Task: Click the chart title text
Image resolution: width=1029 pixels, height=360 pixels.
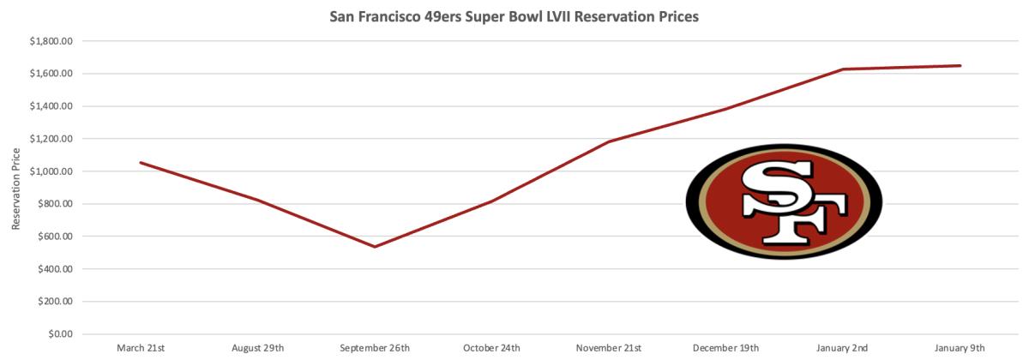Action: pyautogui.click(x=514, y=16)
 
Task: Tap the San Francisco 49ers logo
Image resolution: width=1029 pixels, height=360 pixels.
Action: pyautogui.click(x=784, y=201)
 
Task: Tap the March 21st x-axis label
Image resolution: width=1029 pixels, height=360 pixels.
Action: pyautogui.click(x=140, y=348)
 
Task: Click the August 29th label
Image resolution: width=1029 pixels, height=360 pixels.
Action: pyautogui.click(x=257, y=348)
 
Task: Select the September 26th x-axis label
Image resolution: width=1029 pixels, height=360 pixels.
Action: pyautogui.click(x=375, y=348)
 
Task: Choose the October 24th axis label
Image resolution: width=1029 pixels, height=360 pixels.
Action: pyautogui.click(x=491, y=348)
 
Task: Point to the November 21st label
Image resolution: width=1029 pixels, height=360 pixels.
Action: pyautogui.click(x=609, y=348)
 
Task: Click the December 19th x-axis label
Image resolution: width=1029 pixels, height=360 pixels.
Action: pyautogui.click(x=725, y=348)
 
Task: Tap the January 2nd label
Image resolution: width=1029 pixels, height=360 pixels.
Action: pyautogui.click(x=843, y=348)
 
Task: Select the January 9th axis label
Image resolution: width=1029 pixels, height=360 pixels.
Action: pyautogui.click(x=960, y=348)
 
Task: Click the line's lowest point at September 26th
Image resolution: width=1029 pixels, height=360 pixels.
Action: pyautogui.click(x=375, y=247)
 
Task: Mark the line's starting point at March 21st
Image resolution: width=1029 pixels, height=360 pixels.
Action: pyautogui.click(x=140, y=163)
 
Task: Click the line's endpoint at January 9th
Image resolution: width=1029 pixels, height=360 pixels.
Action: pyautogui.click(x=960, y=65)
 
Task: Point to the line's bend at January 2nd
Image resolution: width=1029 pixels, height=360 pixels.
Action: pyautogui.click(x=843, y=69)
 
